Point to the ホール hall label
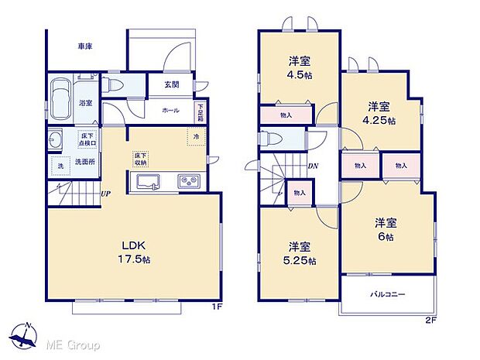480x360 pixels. coord(170,111)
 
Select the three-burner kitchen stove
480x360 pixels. coord(190,183)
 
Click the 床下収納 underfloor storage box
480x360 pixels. coord(140,159)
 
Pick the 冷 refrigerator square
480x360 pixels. coord(196,137)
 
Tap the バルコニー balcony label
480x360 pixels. coord(387,295)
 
